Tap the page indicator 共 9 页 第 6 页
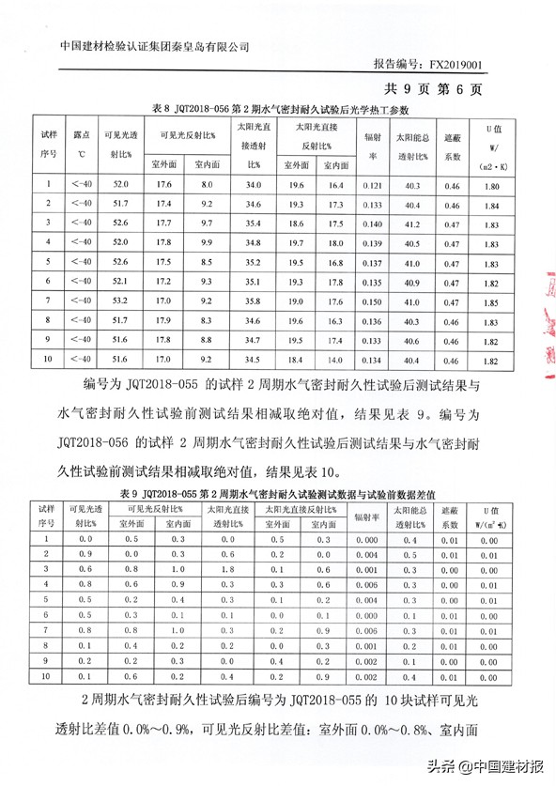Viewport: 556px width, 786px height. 433,89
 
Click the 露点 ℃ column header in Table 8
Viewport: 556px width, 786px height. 82,144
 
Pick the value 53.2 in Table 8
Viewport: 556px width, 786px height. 120,301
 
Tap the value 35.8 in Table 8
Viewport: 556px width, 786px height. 252,301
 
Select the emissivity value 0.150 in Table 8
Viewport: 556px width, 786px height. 372,301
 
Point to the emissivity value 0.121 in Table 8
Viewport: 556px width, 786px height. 372,185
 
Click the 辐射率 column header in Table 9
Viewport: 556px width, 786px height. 366,516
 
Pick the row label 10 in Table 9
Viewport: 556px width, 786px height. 45,676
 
